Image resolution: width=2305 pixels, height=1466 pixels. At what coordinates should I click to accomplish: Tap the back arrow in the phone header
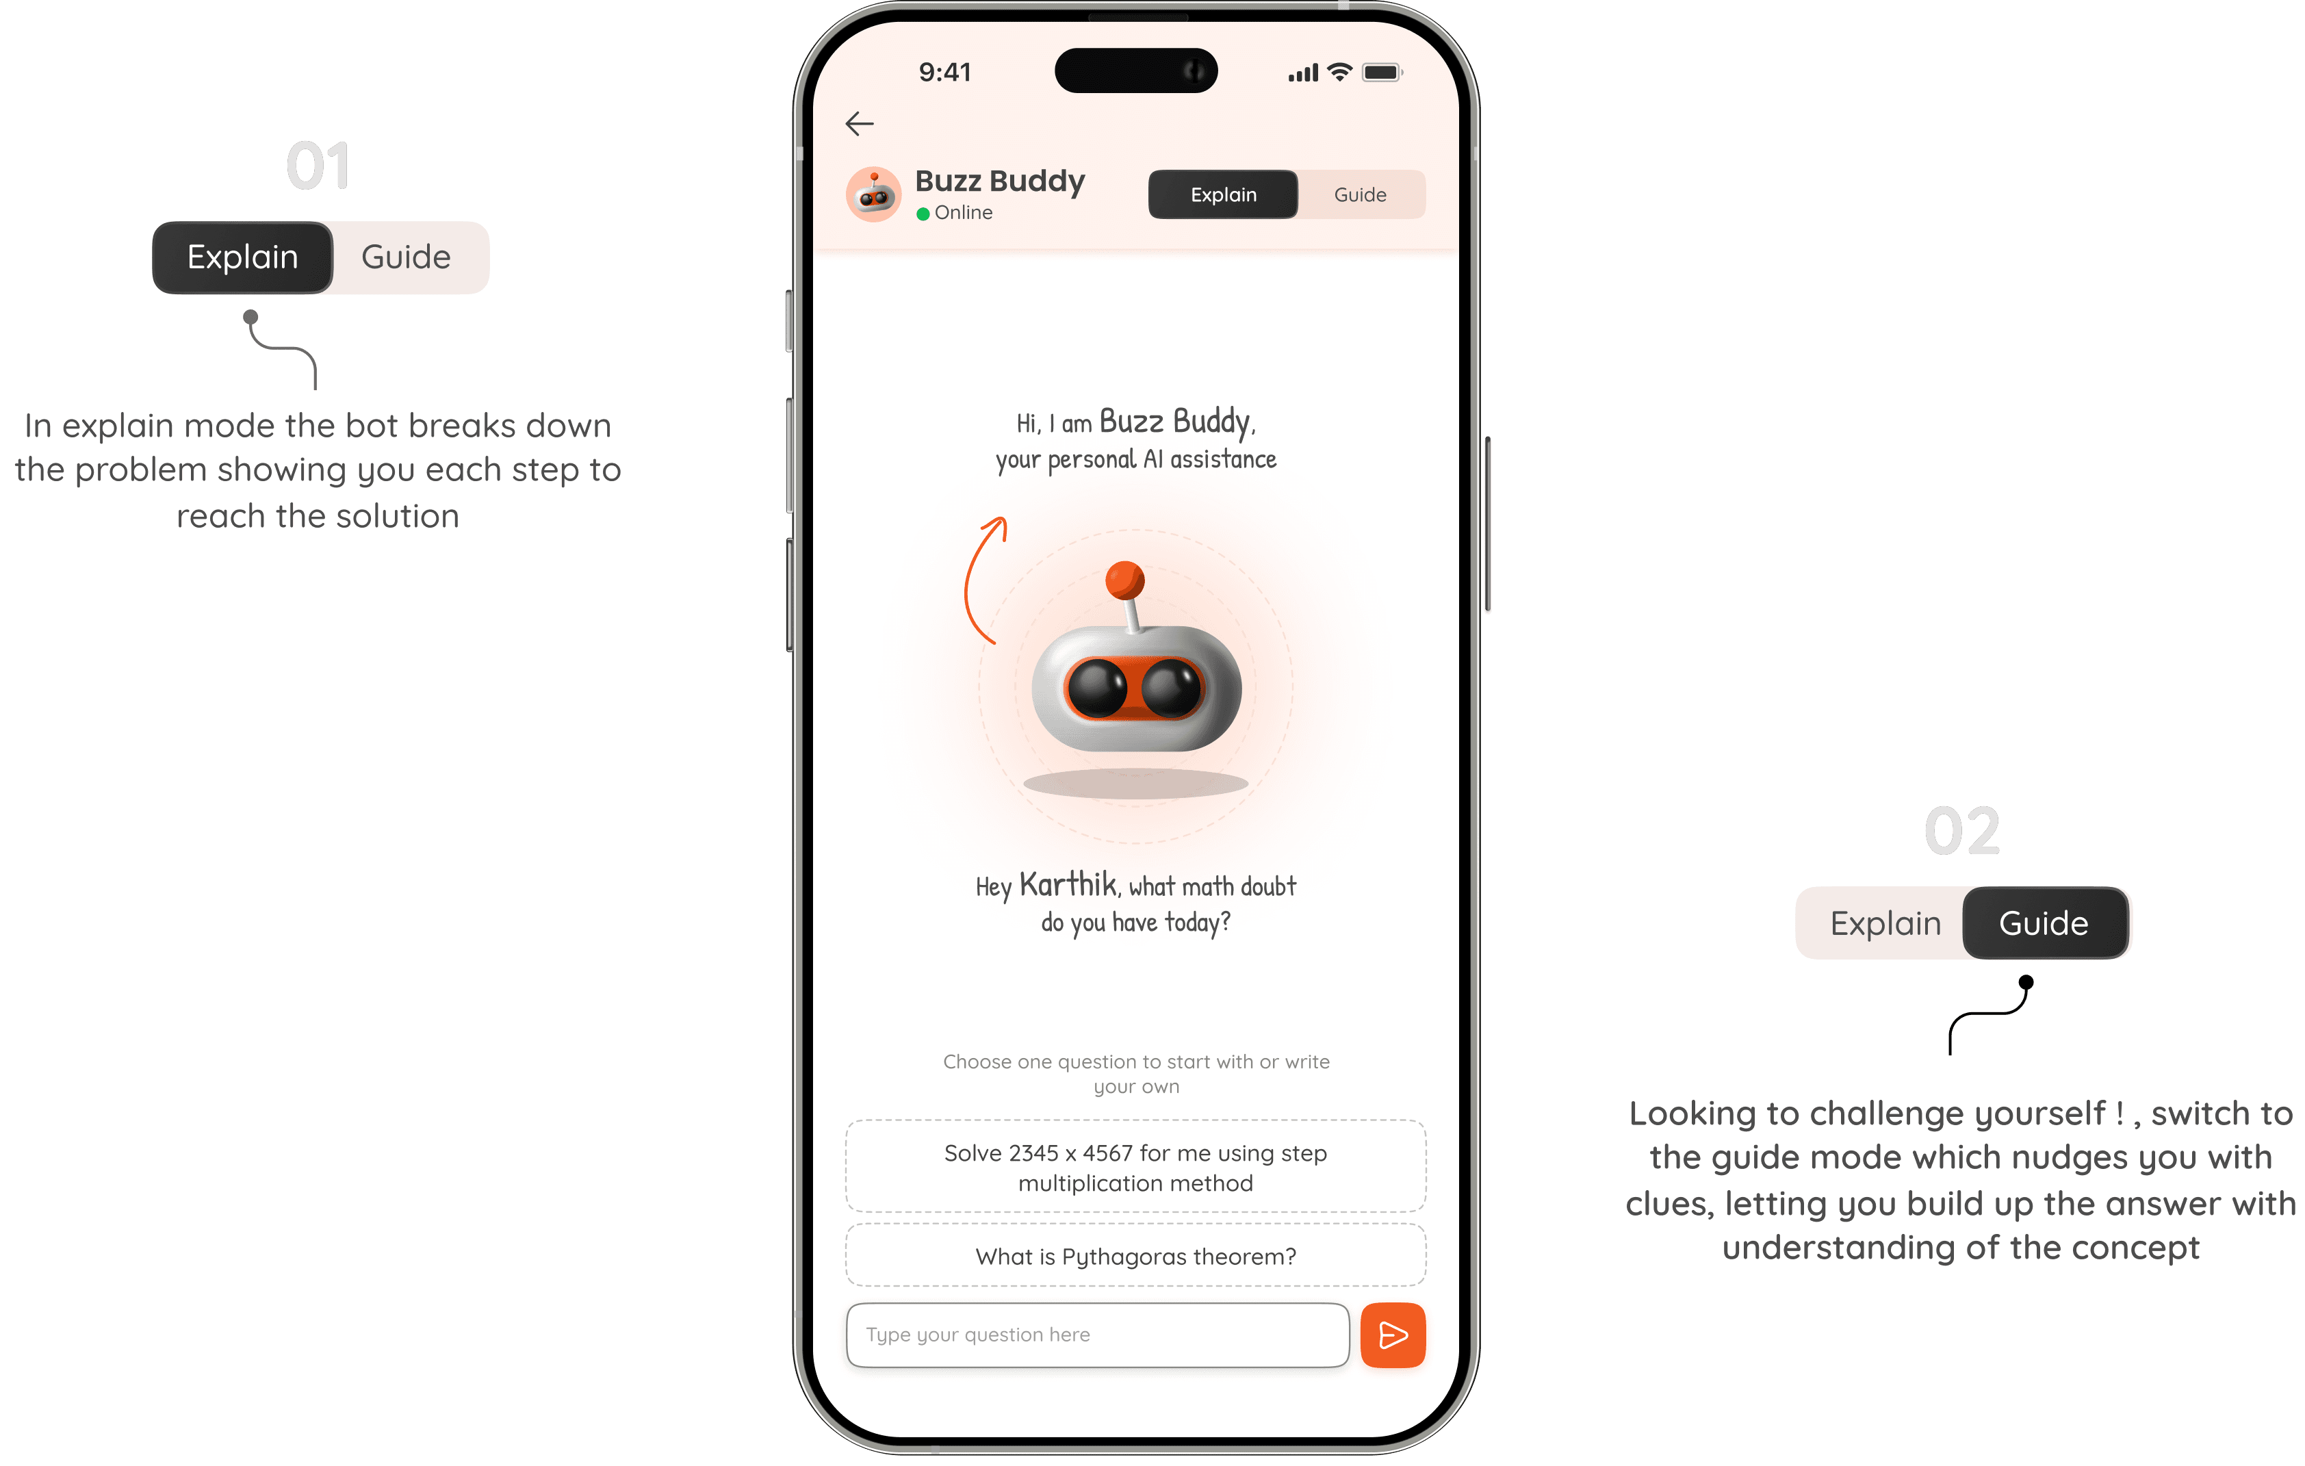pos(860,123)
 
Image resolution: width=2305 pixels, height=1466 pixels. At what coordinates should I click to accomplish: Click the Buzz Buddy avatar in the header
pos(873,194)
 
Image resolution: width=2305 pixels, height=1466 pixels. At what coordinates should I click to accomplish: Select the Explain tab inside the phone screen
pos(1224,194)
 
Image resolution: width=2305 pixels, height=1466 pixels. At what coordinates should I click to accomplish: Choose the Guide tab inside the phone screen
pos(1361,194)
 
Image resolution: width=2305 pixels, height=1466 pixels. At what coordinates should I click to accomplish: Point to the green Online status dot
pos(923,214)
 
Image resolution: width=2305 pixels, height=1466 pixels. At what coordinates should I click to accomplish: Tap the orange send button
pos(1393,1335)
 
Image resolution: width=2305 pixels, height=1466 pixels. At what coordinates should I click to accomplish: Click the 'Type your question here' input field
pos(1098,1335)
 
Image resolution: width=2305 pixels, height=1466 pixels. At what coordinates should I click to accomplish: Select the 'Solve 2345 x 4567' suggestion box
pos(1136,1166)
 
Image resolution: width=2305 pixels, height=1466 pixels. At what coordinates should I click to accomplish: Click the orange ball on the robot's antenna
pos(1124,579)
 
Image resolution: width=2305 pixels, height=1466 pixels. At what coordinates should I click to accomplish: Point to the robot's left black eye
pos(1097,689)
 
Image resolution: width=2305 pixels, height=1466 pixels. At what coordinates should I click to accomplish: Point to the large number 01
pos(319,166)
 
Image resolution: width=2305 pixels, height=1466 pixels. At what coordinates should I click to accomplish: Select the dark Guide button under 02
pos(2045,923)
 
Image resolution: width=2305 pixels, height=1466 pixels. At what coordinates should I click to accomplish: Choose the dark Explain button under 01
pos(242,257)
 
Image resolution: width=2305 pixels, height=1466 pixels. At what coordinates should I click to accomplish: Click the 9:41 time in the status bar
pos(944,73)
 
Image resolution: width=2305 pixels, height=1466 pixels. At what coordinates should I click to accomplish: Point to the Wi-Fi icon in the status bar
pos(1339,72)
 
